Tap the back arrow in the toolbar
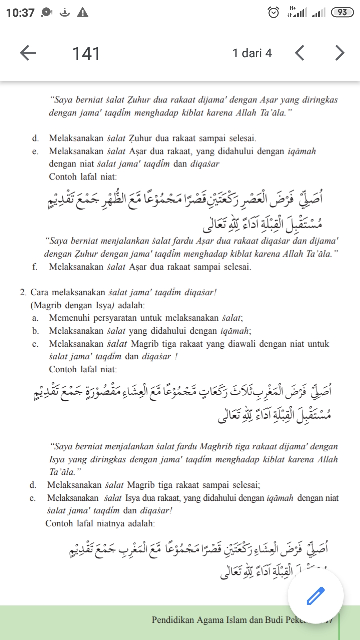[28, 53]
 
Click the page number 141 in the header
[86, 53]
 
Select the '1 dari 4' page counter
[252, 53]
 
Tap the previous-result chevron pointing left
[299, 53]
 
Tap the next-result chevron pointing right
[340, 53]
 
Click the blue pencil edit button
[315, 596]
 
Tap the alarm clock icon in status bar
[273, 13]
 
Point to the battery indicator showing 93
[342, 13]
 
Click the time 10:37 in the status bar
[20, 13]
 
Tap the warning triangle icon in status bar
[83, 13]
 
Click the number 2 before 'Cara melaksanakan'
[23, 292]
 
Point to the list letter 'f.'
[35, 266]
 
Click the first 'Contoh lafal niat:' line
[83, 176]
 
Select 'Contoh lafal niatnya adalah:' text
[100, 523]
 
